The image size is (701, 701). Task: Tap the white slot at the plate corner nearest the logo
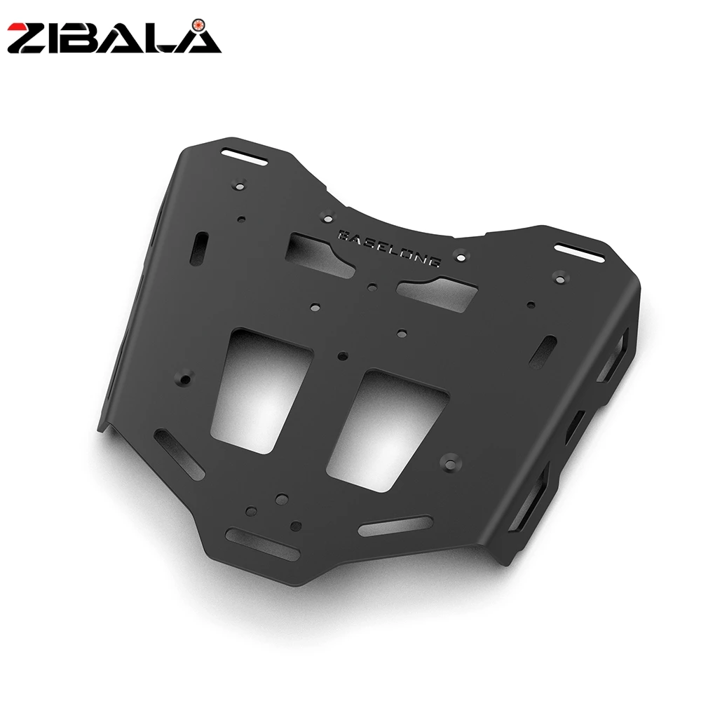(245, 157)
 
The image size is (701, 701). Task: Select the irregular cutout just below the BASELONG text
(437, 292)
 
